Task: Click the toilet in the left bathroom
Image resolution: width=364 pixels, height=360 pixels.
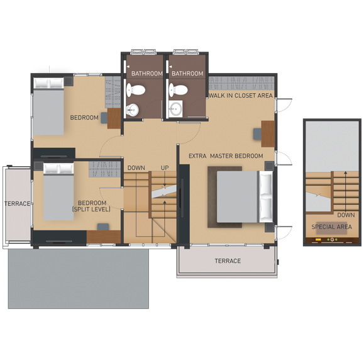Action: click(x=136, y=90)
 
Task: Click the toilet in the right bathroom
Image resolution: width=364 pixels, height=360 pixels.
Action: click(x=178, y=90)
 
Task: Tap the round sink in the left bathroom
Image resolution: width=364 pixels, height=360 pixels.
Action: click(x=132, y=110)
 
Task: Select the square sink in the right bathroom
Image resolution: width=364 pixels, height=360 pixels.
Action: click(x=175, y=109)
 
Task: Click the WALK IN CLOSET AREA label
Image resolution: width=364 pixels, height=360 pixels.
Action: click(x=241, y=96)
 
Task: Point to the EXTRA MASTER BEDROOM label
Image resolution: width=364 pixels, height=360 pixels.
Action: click(x=226, y=156)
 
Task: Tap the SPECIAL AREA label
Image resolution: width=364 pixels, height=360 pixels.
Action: click(x=331, y=227)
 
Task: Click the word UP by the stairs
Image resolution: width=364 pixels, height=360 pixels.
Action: click(x=165, y=168)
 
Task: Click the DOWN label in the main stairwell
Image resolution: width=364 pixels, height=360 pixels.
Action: click(x=136, y=168)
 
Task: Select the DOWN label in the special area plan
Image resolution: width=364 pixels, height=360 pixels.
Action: click(x=346, y=215)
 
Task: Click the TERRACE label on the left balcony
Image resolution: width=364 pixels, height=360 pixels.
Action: click(x=18, y=204)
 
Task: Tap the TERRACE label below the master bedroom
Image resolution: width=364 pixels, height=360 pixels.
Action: click(x=228, y=261)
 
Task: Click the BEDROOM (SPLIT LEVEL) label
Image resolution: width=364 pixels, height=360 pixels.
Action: click(x=91, y=206)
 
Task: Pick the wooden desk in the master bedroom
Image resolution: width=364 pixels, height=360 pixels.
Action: click(x=268, y=134)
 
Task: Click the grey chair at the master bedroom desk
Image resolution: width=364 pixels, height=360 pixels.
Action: click(x=257, y=134)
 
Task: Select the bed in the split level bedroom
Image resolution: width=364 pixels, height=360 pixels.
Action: click(x=58, y=192)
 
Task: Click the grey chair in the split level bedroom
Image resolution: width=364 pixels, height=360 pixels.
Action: click(x=103, y=227)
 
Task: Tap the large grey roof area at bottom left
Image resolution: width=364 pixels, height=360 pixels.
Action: click(x=79, y=279)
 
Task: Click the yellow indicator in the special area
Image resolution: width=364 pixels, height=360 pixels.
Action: click(x=318, y=240)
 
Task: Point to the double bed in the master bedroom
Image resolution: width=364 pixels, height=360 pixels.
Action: click(x=245, y=197)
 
